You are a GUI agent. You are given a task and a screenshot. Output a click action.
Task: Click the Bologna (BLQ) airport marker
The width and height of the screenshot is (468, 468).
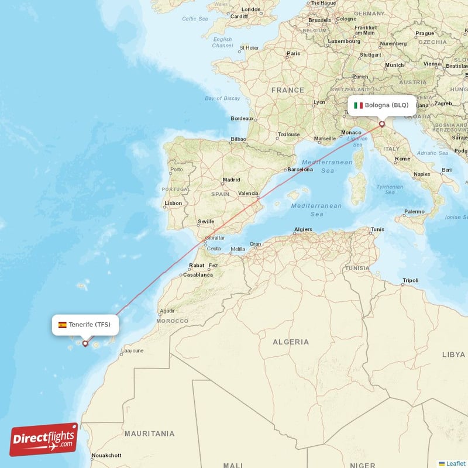(382, 124)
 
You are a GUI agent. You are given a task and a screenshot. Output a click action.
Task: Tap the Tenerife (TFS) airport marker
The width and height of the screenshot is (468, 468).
(85, 343)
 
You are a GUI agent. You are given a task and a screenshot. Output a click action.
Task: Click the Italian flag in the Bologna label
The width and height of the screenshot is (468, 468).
(358, 105)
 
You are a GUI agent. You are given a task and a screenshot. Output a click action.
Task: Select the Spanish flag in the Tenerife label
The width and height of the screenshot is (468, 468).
(62, 325)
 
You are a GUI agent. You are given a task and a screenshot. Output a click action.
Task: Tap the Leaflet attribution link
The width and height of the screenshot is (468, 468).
(455, 463)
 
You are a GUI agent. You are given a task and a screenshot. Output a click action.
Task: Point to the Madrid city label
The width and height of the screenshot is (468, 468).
(231, 180)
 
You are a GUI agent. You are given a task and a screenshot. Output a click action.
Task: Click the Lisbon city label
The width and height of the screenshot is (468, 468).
(174, 203)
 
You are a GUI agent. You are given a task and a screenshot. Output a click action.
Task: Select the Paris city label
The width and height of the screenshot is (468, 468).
(293, 53)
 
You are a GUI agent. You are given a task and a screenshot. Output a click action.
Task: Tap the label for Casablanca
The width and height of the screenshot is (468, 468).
(198, 274)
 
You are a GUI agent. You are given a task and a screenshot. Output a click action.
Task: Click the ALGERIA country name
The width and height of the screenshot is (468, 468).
(291, 342)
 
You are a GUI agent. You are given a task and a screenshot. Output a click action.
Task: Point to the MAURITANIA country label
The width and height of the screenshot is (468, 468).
(149, 433)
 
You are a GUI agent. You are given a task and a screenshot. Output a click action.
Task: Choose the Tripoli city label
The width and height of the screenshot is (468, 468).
(411, 281)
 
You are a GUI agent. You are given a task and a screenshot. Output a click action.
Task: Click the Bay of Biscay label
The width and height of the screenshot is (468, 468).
(222, 98)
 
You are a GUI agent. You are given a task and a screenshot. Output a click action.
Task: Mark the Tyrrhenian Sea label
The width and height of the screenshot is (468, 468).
(390, 190)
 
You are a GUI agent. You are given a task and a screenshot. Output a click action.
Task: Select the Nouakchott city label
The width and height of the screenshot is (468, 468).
(106, 455)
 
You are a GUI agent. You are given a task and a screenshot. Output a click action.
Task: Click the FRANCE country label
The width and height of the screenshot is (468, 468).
(287, 90)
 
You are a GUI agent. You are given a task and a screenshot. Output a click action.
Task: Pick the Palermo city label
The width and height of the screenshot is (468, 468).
(414, 211)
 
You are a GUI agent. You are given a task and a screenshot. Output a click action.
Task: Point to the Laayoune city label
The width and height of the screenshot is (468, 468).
(132, 352)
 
